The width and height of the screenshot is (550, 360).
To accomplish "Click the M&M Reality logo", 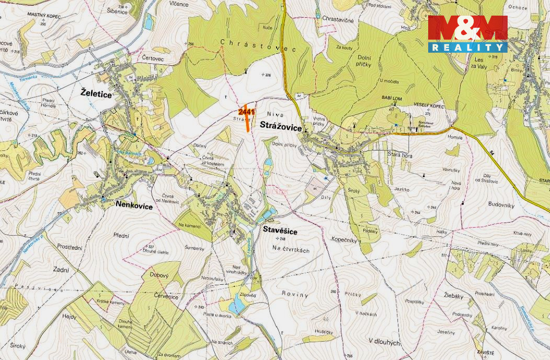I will tap(468, 34).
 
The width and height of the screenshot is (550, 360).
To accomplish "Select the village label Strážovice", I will tap(280, 125).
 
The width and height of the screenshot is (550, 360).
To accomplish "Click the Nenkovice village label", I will tap(134, 206).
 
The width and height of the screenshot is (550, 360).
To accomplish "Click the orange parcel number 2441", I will tap(246, 111).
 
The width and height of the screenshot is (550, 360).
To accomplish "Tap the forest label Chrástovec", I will tap(258, 45).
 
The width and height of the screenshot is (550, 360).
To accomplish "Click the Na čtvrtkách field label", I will tap(291, 250).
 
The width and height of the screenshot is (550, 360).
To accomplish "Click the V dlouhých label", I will tap(384, 341).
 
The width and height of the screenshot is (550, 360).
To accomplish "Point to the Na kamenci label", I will tap(190, 225).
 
